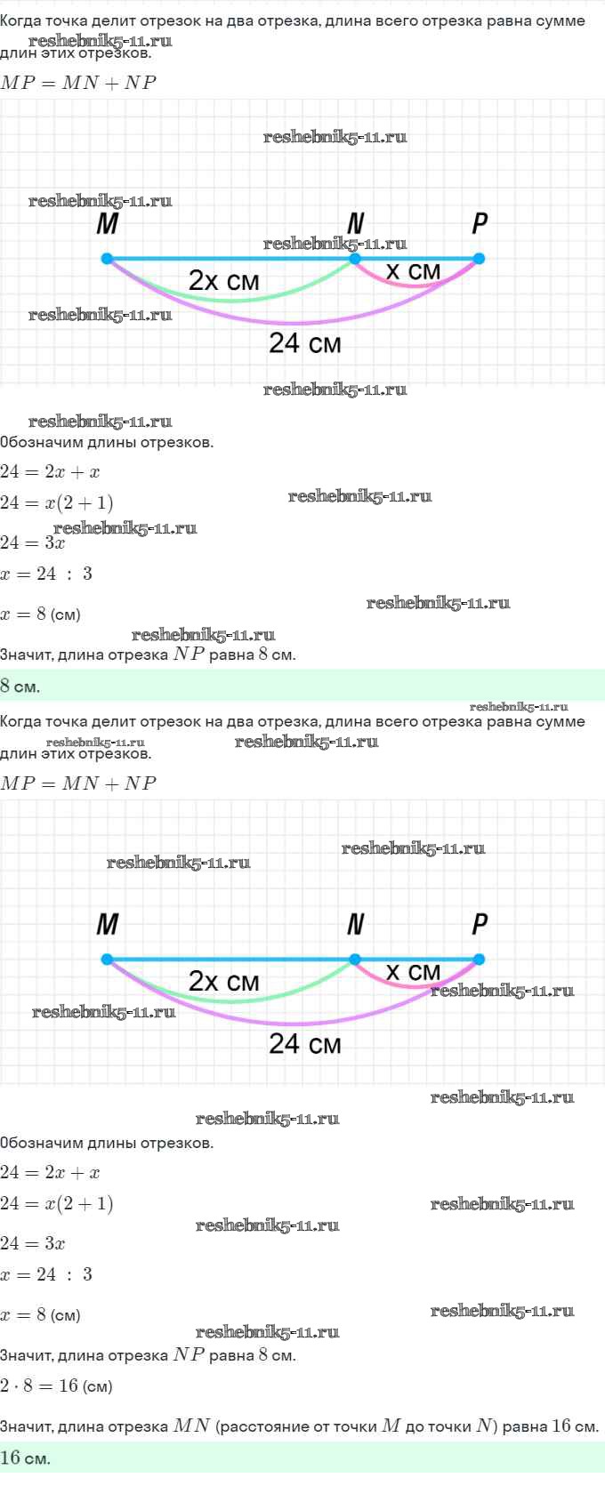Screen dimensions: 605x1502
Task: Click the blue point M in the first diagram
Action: (x=107, y=258)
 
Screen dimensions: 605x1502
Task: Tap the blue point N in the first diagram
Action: (x=355, y=258)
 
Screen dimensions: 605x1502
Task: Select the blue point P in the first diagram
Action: (x=479, y=258)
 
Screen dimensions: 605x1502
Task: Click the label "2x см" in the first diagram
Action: (x=223, y=280)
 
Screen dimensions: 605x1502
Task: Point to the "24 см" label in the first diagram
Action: (x=305, y=343)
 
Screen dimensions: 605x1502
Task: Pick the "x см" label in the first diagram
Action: (x=413, y=271)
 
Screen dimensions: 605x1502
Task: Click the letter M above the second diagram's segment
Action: (x=108, y=924)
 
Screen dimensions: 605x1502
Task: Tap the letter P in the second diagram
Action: (x=480, y=924)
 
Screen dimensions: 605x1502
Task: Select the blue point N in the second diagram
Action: (x=355, y=959)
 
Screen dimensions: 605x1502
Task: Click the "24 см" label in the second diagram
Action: (x=305, y=1044)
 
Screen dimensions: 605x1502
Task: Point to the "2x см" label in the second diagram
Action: (x=223, y=981)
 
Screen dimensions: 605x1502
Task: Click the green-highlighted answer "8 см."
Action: (x=20, y=686)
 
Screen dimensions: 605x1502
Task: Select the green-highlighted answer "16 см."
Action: (x=25, y=1457)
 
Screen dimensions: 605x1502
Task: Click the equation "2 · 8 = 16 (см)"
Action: (x=56, y=1386)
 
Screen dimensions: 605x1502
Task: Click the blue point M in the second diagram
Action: (x=107, y=959)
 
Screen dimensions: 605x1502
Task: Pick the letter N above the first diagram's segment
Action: (x=356, y=222)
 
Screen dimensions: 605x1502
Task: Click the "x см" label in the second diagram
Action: (x=413, y=972)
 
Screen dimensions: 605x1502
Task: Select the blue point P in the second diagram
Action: (x=479, y=959)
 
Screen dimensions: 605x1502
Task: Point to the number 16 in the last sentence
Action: (x=561, y=1426)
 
